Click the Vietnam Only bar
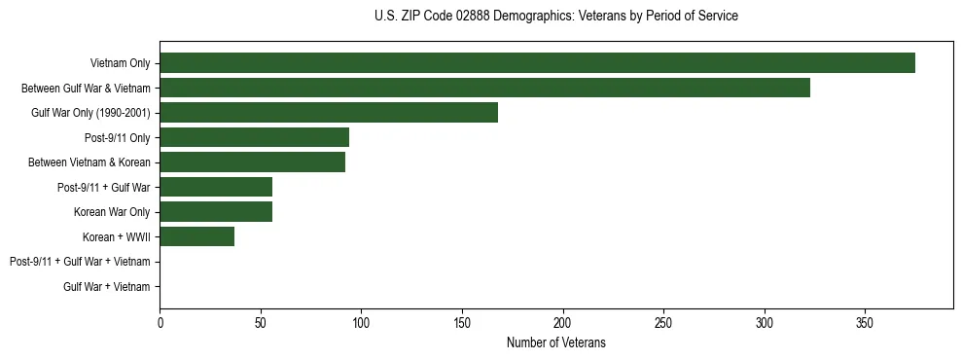click(x=537, y=63)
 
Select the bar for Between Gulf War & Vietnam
click(x=484, y=88)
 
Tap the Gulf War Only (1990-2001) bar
click(x=329, y=113)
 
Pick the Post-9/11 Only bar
click(x=254, y=137)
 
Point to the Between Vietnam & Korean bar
click(x=252, y=162)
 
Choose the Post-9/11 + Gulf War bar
click(x=216, y=187)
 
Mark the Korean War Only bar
click(x=216, y=212)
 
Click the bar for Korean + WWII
click(x=196, y=236)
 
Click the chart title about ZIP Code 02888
click(x=555, y=17)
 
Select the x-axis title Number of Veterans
click(x=555, y=342)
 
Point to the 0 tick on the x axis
click(x=160, y=322)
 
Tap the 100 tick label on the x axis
click(x=361, y=322)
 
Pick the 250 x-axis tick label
click(x=663, y=322)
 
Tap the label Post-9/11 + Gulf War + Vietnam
click(x=80, y=262)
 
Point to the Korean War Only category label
click(x=112, y=212)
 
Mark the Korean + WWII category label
click(x=117, y=236)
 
